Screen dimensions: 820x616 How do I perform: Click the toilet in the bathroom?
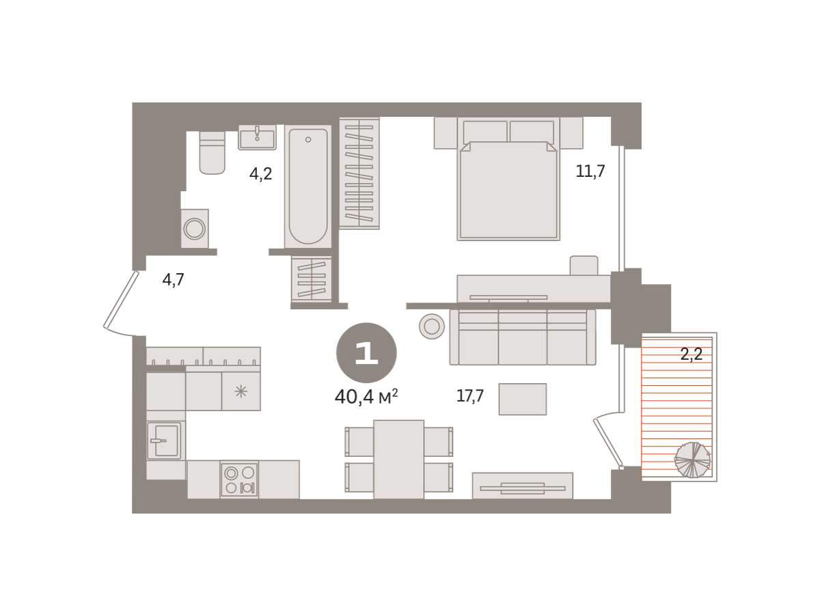(212, 152)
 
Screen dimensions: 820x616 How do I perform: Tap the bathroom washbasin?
(257, 137)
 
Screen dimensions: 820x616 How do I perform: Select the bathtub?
(307, 186)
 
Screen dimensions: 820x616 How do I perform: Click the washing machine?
(195, 229)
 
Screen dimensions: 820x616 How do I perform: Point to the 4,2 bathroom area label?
(261, 174)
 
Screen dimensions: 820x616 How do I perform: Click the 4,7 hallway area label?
(174, 279)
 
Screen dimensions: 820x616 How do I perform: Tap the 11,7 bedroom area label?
(590, 171)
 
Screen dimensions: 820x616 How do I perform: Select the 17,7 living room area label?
(470, 395)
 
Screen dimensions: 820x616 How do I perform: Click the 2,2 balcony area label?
(692, 354)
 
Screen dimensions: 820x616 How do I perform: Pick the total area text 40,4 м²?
(366, 397)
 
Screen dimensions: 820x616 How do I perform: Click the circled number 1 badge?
(366, 353)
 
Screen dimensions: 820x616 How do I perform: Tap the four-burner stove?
(239, 479)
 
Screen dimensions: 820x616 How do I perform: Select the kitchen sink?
(165, 440)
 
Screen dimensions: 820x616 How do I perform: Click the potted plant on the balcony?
(692, 460)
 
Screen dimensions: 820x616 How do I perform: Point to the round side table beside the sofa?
(432, 326)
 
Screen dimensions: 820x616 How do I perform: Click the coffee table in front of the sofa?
(523, 399)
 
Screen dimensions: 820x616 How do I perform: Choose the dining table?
(399, 459)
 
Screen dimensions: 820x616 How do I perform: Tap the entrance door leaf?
(120, 300)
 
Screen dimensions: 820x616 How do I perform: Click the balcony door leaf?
(608, 443)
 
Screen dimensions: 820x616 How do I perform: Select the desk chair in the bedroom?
(584, 266)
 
